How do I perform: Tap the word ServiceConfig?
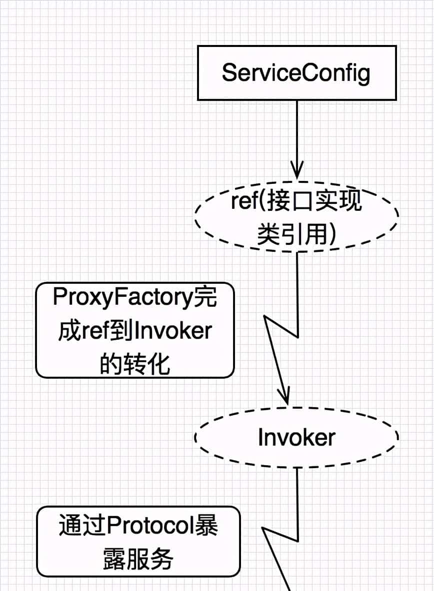pos(296,73)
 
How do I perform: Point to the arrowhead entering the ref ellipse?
pos(297,172)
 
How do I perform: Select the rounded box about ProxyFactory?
pos(135,330)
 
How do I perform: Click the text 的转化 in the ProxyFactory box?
pos(135,364)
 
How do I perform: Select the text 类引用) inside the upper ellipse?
pos(296,233)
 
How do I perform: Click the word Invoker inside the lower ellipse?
pos(296,438)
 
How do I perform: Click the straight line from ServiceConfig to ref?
pos(297,135)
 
